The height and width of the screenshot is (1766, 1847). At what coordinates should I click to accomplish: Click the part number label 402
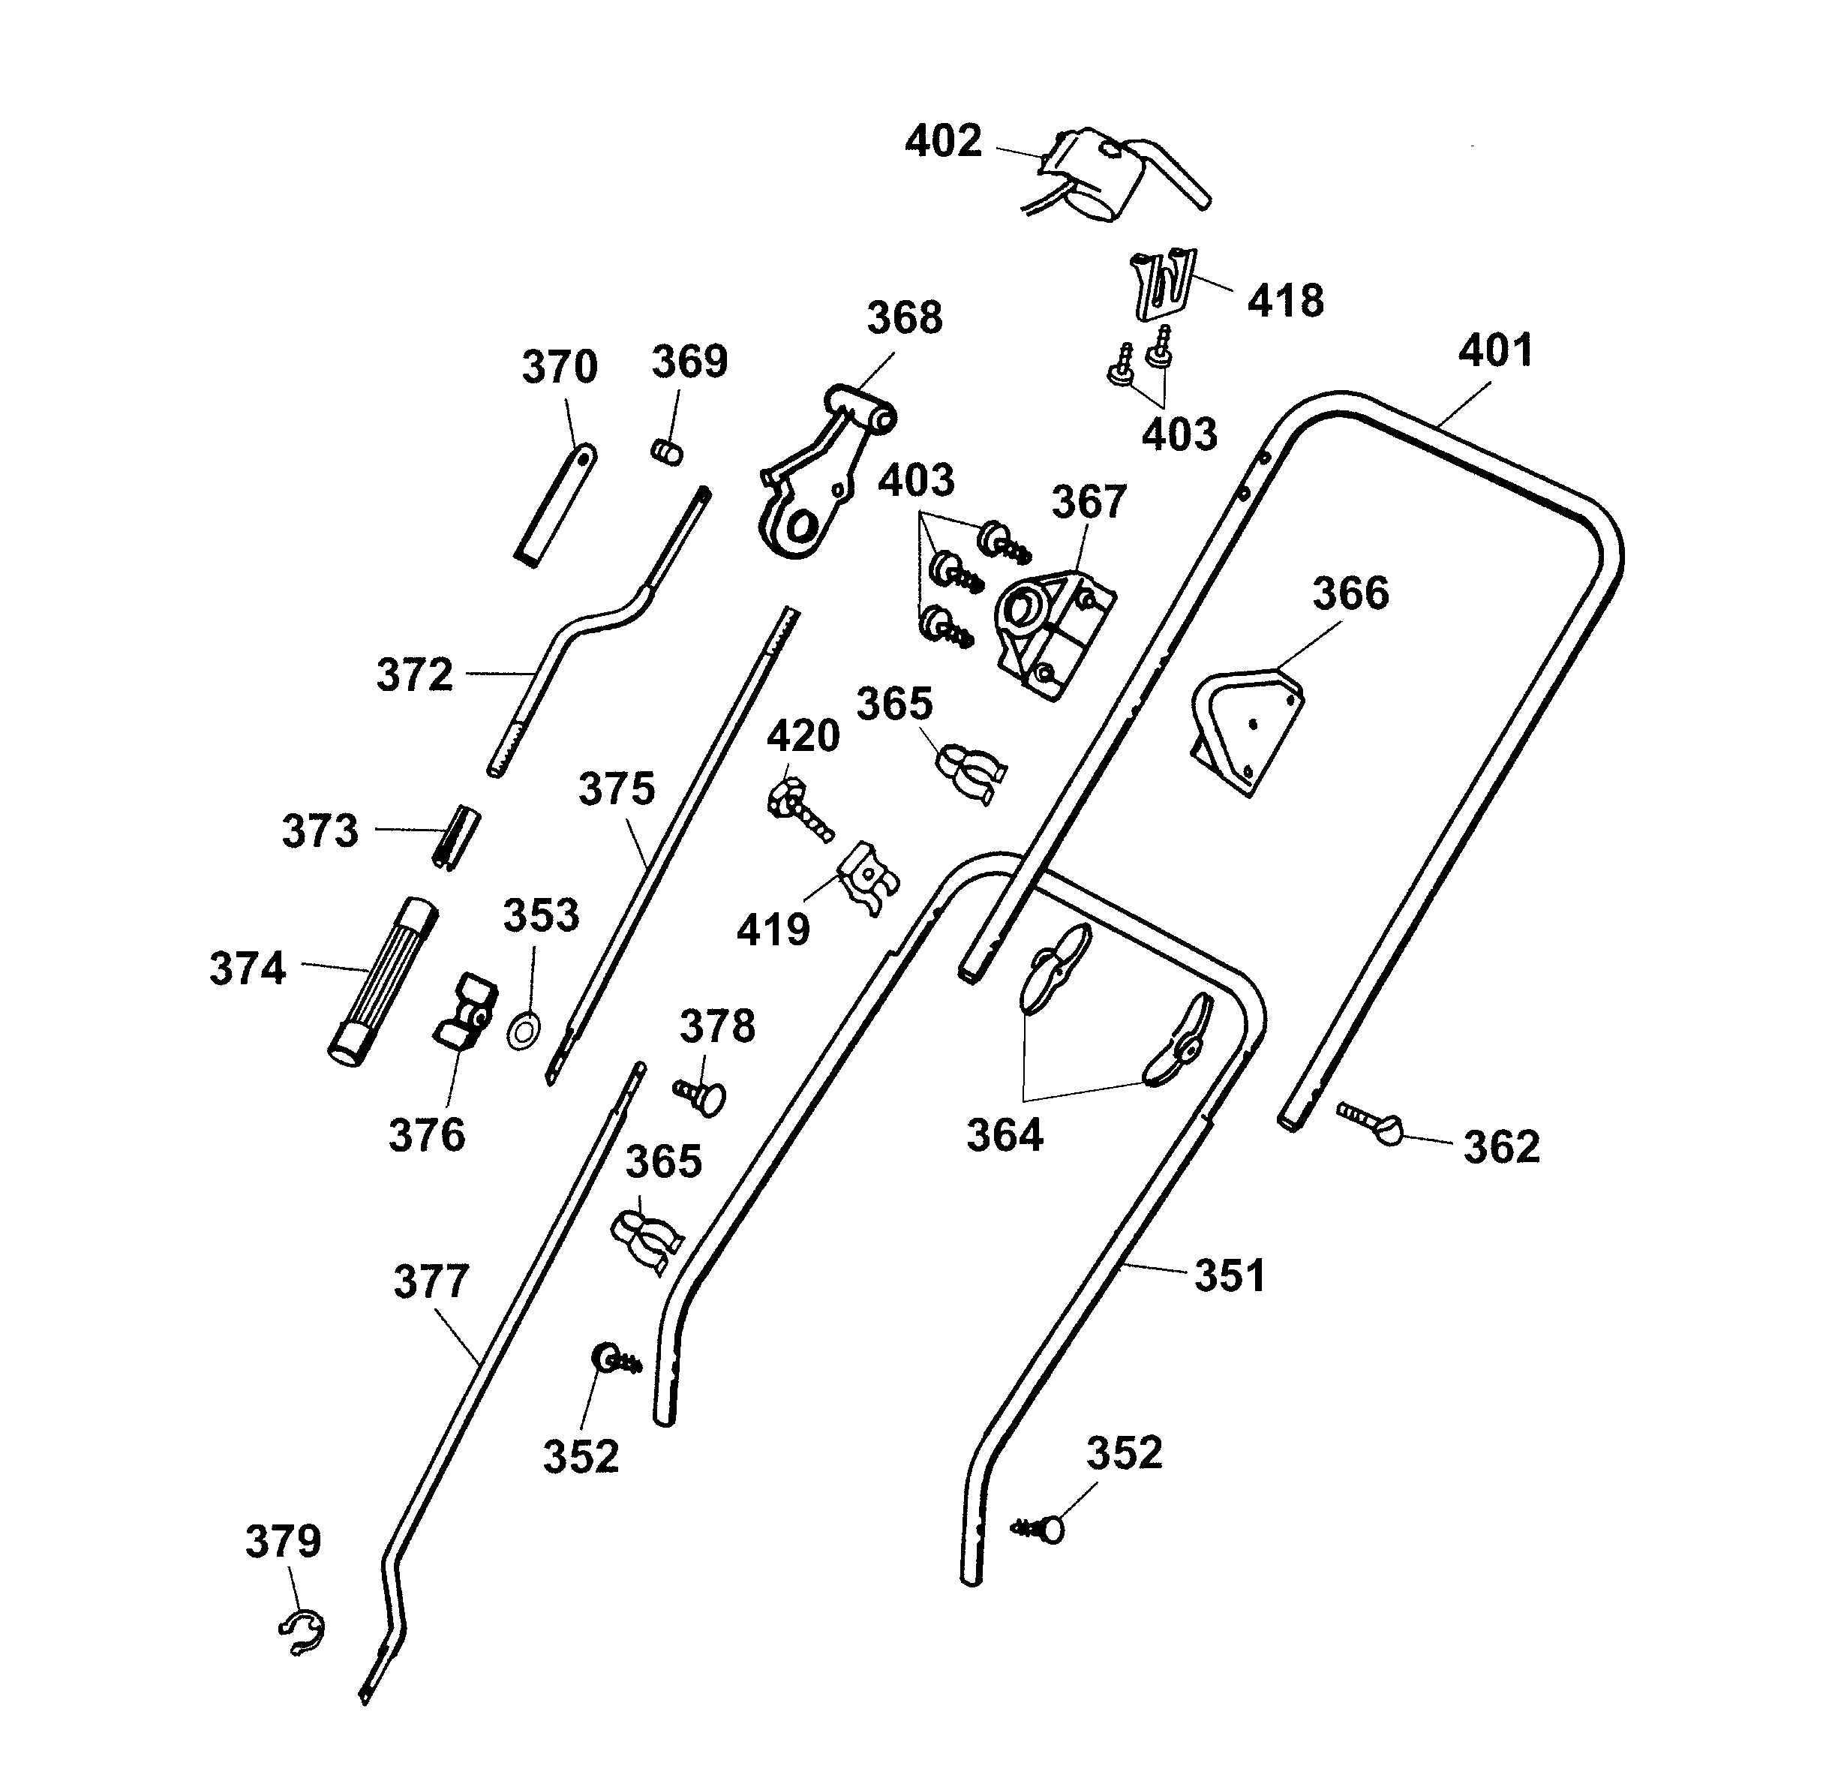pyautogui.click(x=942, y=141)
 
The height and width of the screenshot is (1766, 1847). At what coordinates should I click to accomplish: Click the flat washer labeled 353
pyautogui.click(x=524, y=1030)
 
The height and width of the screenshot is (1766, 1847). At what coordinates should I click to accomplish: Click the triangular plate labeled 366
pyautogui.click(x=1248, y=729)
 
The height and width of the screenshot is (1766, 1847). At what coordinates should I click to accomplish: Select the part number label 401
pyautogui.click(x=1495, y=350)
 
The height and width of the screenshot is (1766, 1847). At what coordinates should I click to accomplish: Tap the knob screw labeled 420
pyautogui.click(x=798, y=809)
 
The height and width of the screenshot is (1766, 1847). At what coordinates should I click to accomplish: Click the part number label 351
pyautogui.click(x=1230, y=1275)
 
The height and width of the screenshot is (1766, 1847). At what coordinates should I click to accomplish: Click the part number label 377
pyautogui.click(x=430, y=1281)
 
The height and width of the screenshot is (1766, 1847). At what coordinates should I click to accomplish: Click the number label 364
pyautogui.click(x=1005, y=1135)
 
